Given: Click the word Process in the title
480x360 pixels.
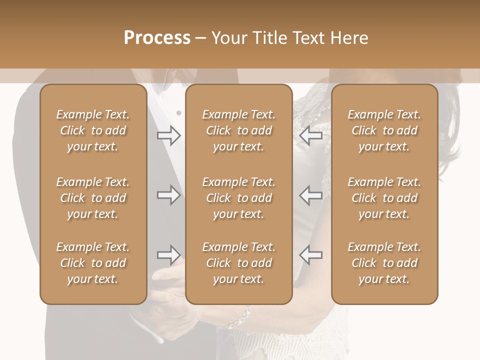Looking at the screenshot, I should (x=157, y=38).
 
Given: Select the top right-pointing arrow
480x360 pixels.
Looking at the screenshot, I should (x=168, y=135).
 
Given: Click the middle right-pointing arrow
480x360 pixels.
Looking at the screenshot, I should (x=168, y=195).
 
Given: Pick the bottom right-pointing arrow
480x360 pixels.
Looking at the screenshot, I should (x=168, y=255).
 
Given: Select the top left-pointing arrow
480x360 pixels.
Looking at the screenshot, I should (x=310, y=135).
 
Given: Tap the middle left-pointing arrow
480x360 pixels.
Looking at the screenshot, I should (x=310, y=195).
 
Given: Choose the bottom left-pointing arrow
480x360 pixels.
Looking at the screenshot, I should (x=310, y=255).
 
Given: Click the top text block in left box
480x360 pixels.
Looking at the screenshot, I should (x=93, y=130).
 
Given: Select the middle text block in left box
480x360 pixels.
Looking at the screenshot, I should (x=93, y=198).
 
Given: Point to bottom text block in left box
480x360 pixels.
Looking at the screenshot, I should (x=93, y=263).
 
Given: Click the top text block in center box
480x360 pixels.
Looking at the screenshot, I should (x=239, y=130).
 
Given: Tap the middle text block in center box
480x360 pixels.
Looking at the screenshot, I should (x=239, y=198).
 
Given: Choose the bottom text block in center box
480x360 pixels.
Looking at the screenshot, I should (x=239, y=263).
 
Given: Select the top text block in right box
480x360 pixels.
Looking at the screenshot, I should (x=384, y=130).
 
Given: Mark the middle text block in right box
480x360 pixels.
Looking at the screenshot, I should (x=384, y=198).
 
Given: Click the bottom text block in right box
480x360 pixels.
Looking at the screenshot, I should (x=384, y=263).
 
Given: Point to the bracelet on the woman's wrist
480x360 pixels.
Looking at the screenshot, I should (x=245, y=314).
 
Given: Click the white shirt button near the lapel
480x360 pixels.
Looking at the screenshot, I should (x=179, y=113).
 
